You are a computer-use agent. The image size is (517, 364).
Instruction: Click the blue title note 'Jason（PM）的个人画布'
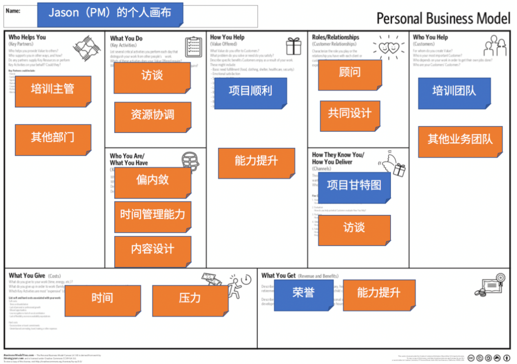coord(110,13)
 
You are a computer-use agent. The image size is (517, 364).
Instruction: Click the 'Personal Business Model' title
coord(443,19)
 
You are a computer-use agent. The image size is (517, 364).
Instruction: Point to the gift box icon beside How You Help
coord(293,46)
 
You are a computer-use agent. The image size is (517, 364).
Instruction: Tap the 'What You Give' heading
coord(27,276)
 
